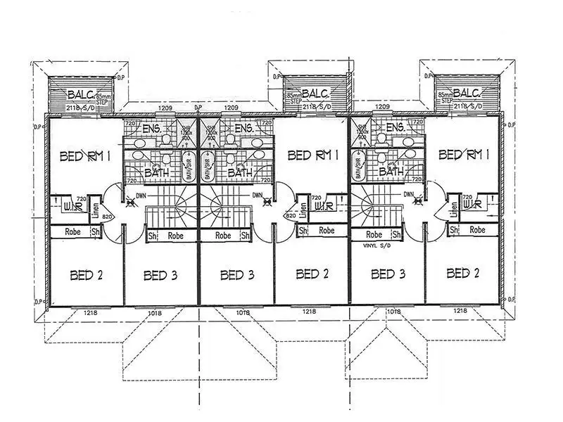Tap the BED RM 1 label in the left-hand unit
[86, 155]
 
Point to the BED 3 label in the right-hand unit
[388, 274]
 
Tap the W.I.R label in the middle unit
[324, 205]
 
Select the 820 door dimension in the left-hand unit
[108, 217]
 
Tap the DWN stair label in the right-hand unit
[409, 194]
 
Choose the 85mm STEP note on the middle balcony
[293, 98]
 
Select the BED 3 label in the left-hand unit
[160, 274]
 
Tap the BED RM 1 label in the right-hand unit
[464, 155]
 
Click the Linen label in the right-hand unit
[455, 209]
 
